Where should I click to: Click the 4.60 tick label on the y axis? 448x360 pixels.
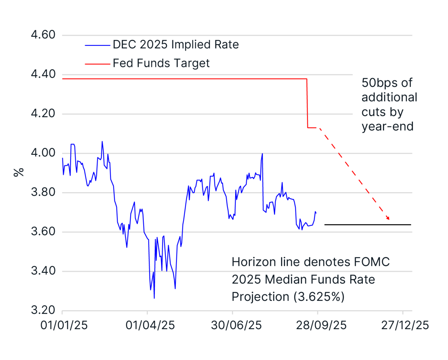pos(43,35)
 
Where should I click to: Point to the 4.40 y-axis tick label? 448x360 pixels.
pos(43,74)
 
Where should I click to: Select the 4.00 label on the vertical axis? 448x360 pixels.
pos(43,153)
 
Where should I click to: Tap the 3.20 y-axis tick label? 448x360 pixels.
pos(43,310)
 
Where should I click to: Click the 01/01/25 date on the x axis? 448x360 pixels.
pos(64,325)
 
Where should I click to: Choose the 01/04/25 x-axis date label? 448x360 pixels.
pos(150,325)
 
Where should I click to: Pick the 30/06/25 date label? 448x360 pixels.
pos(236,325)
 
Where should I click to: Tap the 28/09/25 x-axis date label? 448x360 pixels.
pos(321,325)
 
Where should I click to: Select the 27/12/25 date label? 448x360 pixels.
pos(405,325)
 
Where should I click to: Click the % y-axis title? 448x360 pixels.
pos(19,172)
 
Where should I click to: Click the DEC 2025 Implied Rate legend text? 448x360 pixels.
pos(176,45)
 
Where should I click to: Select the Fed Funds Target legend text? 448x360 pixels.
pos(161,63)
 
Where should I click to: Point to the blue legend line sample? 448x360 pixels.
pos(97,45)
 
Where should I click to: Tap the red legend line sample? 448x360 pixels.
pos(97,64)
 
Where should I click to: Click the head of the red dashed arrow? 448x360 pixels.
pos(388,218)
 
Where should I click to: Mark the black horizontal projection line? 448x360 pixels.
pos(367,224)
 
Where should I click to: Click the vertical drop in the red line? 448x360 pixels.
pos(307,103)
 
